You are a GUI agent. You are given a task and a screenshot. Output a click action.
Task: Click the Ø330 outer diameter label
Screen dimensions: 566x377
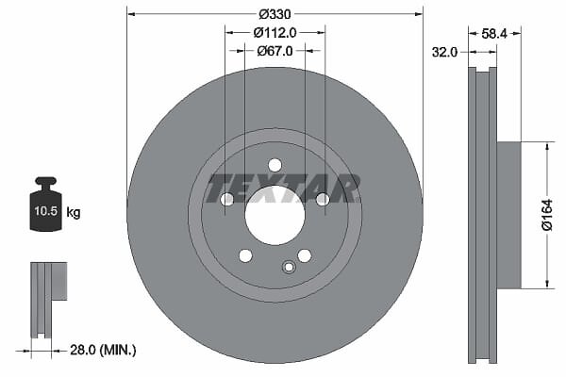pyautogui.click(x=275, y=14)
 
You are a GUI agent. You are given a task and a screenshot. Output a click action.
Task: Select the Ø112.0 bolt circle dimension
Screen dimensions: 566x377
pyautogui.click(x=275, y=33)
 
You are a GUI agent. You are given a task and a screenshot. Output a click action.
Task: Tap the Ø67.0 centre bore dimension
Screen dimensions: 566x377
pyautogui.click(x=275, y=51)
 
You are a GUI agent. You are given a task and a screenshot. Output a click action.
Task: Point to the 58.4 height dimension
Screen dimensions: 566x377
pyautogui.click(x=494, y=34)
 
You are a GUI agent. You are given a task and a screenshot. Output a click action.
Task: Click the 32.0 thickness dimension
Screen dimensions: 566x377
pyautogui.click(x=444, y=53)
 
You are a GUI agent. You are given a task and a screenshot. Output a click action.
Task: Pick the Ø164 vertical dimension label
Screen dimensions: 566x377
pyautogui.click(x=547, y=215)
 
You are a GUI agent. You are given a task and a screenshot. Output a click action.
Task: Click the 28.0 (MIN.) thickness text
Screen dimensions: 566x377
pyautogui.click(x=103, y=350)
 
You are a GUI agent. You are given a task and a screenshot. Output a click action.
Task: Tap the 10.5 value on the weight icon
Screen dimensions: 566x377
pyautogui.click(x=46, y=211)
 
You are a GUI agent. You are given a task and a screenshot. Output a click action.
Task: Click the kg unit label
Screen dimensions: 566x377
pyautogui.click(x=74, y=212)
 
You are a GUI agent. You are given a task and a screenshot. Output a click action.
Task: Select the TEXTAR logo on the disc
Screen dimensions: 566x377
pyautogui.click(x=283, y=188)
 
